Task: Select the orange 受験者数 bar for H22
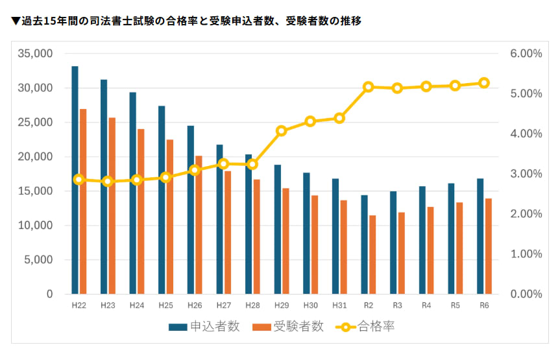82,201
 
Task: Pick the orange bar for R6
488,246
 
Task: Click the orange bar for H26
199,224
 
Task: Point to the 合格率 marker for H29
281,131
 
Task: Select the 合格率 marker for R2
369,86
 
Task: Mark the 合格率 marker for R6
484,83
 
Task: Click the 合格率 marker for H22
79,180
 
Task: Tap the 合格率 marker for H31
339,118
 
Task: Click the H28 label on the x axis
252,305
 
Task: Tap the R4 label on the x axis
426,305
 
